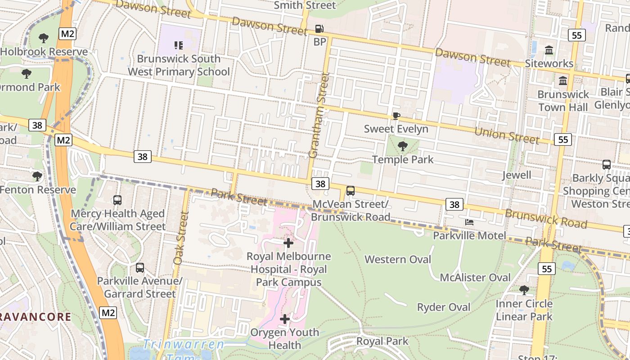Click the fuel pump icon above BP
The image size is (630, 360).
pos(319,29)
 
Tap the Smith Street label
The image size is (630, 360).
pos(305,5)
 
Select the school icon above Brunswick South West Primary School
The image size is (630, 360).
pos(179,45)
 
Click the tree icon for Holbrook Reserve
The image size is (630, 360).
pos(44,38)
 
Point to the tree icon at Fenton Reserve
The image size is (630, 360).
pos(37,176)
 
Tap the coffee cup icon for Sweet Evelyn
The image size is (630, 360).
pos(396,116)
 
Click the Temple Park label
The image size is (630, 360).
pos(403,159)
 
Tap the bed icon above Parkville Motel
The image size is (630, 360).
pos(469,222)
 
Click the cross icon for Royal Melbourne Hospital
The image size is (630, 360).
pos(288,243)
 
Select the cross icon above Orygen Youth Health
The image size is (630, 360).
pos(284,319)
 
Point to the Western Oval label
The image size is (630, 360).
pos(397,259)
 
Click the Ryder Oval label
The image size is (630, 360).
pos(443,307)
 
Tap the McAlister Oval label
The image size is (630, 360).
pos(475,277)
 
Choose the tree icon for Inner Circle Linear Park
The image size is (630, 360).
pos(524,290)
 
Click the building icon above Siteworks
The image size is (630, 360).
pos(549,50)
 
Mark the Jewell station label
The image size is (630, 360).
pos(517,175)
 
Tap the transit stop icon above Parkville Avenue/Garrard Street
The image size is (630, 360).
pos(140,268)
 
